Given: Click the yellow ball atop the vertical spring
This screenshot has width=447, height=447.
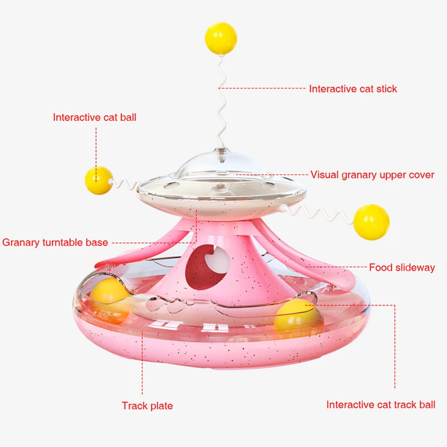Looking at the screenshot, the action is pos(221,39).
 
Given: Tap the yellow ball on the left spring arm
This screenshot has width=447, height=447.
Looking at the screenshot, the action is pos(99,180).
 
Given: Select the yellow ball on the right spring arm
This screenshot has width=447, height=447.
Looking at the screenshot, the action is pos(372,219).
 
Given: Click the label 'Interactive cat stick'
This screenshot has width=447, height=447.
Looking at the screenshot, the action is pos(353,89).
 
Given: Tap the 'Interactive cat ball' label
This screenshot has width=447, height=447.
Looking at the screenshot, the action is pos(94,117).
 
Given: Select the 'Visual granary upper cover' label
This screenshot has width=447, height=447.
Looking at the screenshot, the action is pos(372,175).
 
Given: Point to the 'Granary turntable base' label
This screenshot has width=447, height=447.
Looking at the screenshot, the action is pos(55,242).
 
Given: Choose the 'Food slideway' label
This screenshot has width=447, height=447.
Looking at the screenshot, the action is pos(402,268).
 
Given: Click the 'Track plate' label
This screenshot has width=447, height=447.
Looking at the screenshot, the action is pos(148,406).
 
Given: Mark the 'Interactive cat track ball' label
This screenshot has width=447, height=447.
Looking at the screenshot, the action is pos(381,405).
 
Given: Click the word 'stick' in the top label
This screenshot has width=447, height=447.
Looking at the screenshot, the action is pos(386,89).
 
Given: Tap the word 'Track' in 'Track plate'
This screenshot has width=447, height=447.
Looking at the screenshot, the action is pos(135,406).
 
